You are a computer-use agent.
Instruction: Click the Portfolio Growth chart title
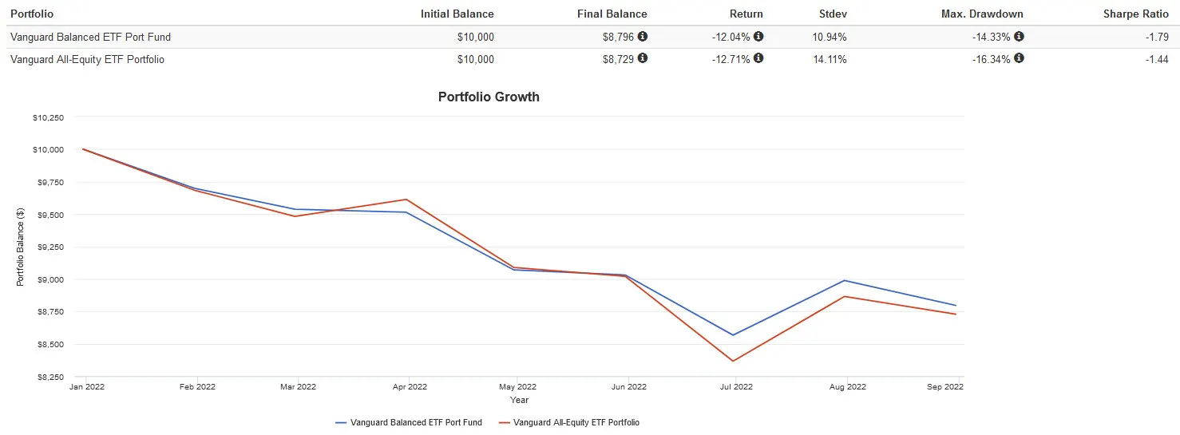[x=489, y=97]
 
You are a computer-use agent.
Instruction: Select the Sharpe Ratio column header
[x=1135, y=14]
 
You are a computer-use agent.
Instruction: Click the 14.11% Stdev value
[x=830, y=59]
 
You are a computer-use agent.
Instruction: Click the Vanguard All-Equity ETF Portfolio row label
[x=87, y=59]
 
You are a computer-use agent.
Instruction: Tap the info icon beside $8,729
[x=643, y=58]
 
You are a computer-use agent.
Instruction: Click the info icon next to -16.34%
[x=1019, y=58]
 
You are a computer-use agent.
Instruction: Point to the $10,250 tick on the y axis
[x=49, y=117]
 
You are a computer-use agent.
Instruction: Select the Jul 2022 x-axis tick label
[x=736, y=387]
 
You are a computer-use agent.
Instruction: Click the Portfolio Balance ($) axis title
[x=21, y=247]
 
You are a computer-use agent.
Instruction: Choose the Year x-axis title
[x=519, y=400]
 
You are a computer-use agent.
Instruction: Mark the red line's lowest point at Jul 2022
[x=732, y=361]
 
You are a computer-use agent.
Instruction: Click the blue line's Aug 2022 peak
[x=844, y=280]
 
